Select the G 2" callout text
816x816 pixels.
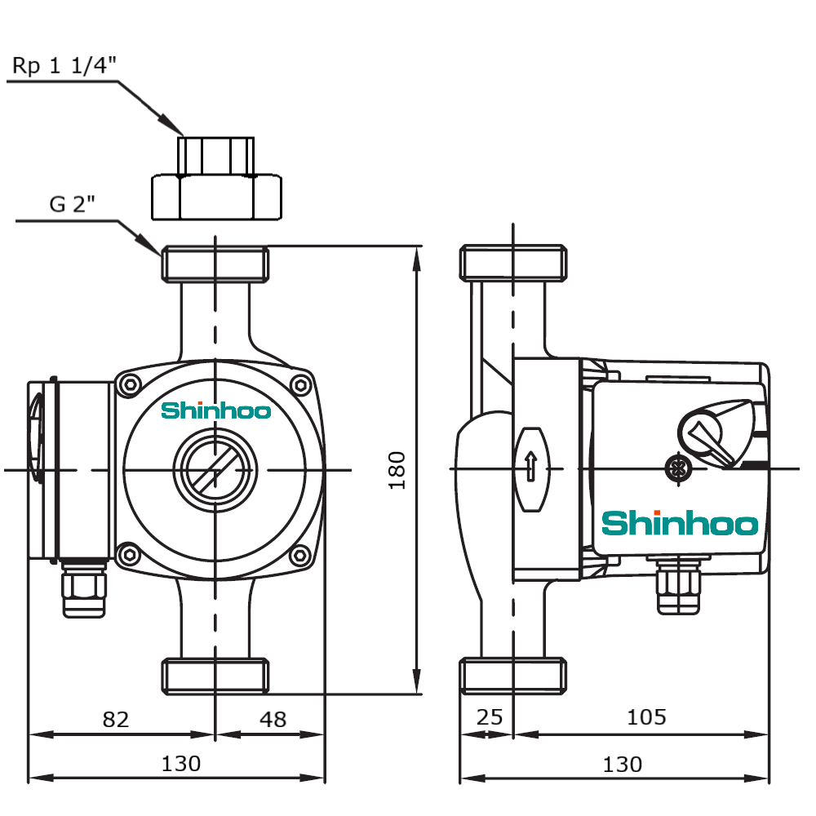(72, 204)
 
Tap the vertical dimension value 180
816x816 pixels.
(397, 469)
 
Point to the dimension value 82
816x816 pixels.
(116, 719)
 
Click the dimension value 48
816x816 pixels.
(273, 719)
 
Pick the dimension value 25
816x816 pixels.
(489, 717)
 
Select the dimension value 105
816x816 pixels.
(646, 717)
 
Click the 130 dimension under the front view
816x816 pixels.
(180, 764)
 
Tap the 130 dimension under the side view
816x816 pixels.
(622, 764)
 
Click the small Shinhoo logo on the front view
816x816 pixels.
(215, 410)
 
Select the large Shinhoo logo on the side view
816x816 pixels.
(680, 523)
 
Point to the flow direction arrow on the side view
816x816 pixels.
(530, 468)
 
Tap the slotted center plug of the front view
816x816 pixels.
(215, 469)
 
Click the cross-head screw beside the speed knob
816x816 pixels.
(676, 468)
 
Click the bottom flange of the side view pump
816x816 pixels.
(513, 676)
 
